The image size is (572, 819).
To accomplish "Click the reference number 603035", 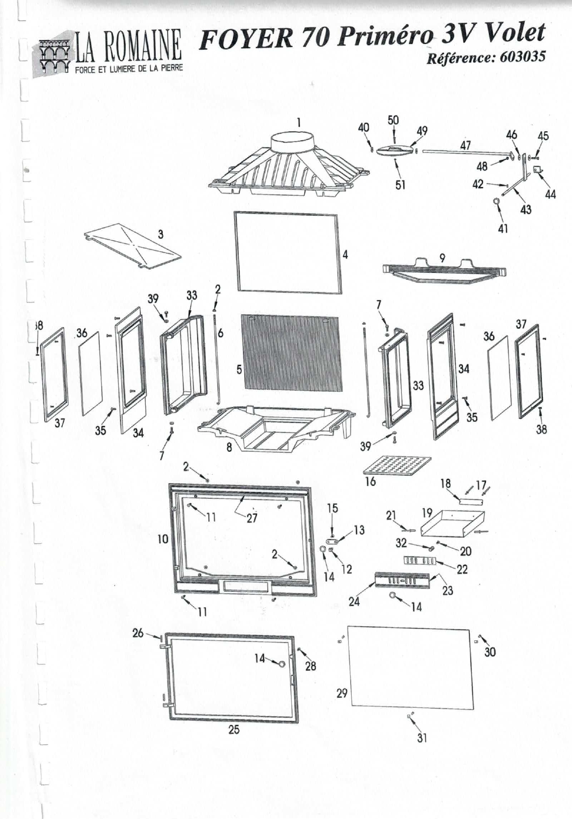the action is pos(522,58).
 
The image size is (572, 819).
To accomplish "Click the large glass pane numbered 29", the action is pos(411,667).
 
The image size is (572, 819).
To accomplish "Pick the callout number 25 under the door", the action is pos(234,730).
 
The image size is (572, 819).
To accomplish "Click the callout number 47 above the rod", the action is pos(465,145).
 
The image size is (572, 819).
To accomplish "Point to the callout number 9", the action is pos(442,258).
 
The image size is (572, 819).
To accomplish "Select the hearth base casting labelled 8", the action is pos(276,427).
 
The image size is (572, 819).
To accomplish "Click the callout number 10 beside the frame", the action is pos(163,539).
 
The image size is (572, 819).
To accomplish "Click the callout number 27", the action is pos(252,518).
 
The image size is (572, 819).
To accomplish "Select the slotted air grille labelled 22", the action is pos(419,561).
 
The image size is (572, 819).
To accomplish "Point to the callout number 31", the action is pos(422,737).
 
